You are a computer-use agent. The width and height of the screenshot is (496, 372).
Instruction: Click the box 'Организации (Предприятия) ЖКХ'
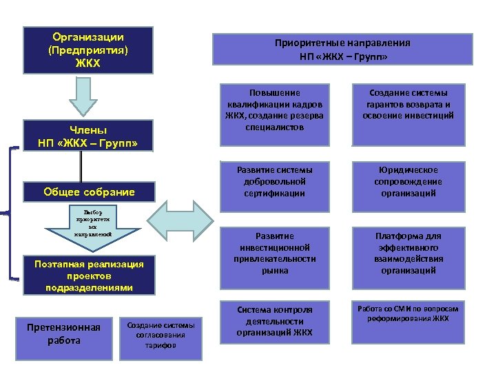coord(87,50)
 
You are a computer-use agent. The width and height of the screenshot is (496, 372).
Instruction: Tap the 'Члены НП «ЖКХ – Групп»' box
coord(87,136)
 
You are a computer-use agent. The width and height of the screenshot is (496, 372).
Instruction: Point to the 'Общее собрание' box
coord(87,192)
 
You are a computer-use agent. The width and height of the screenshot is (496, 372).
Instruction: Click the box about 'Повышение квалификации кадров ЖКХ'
coord(274,114)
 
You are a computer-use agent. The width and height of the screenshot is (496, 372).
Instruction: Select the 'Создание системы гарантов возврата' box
coord(409,114)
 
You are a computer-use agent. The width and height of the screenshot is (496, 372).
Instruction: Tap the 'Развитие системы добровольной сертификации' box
coord(274,181)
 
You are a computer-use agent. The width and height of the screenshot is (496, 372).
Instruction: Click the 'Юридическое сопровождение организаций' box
coord(409,181)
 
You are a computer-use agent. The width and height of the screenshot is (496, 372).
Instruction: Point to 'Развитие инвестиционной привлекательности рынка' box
coord(274,253)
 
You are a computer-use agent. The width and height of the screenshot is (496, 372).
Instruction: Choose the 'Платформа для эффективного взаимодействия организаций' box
coord(409,253)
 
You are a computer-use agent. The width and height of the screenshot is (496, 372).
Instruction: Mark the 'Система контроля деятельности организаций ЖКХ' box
coord(274,321)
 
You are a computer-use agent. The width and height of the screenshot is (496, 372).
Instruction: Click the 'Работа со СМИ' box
coord(409,321)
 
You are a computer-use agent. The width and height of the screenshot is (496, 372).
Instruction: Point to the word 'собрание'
coord(108,192)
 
